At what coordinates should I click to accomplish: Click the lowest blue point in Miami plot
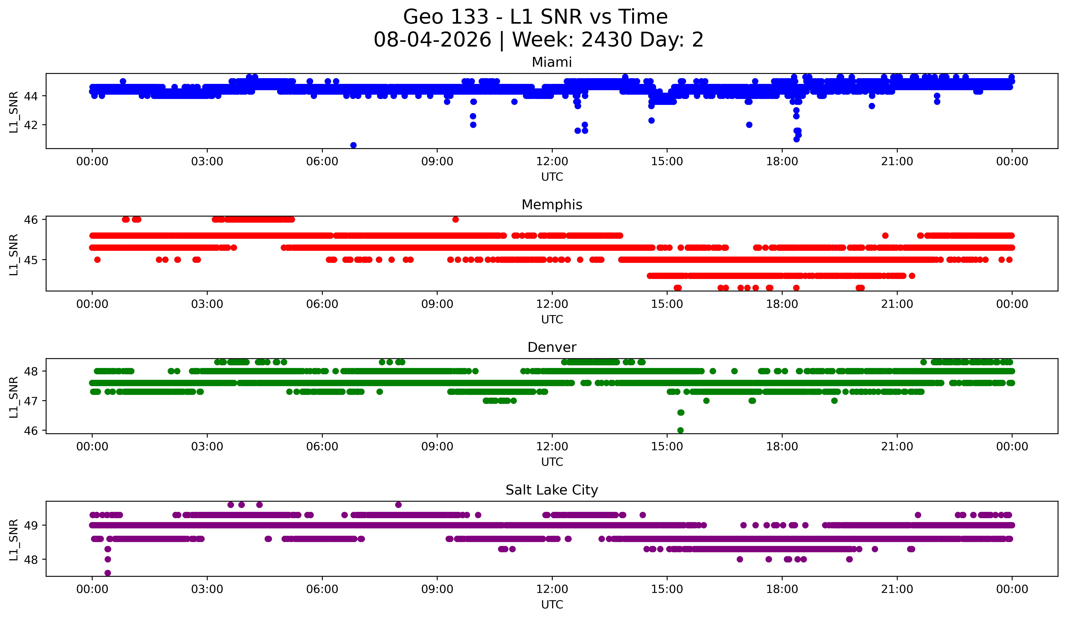(354, 145)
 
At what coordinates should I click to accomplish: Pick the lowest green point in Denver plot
(680, 430)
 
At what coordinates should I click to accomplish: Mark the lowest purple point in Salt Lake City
(108, 573)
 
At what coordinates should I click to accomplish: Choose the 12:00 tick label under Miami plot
(552, 162)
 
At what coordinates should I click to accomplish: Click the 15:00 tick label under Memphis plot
(667, 304)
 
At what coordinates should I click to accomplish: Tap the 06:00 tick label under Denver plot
(322, 447)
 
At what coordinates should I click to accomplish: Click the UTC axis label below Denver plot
(552, 462)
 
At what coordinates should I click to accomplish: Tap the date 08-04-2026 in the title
(432, 40)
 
